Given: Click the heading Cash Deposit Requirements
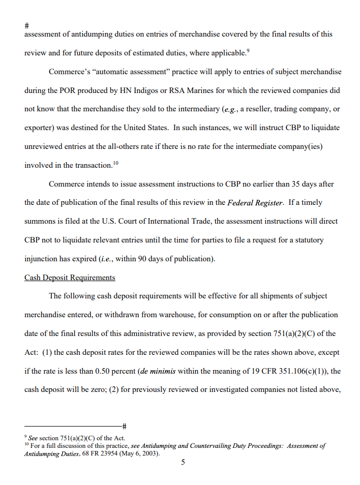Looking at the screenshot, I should click(70, 278).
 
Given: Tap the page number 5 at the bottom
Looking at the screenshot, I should click(183, 462).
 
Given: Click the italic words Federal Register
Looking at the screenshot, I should click(255, 203).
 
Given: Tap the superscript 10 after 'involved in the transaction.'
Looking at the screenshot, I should click(115, 162).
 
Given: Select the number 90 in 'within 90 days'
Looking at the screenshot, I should click(143, 259).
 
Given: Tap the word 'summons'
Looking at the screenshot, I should click(41, 221).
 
